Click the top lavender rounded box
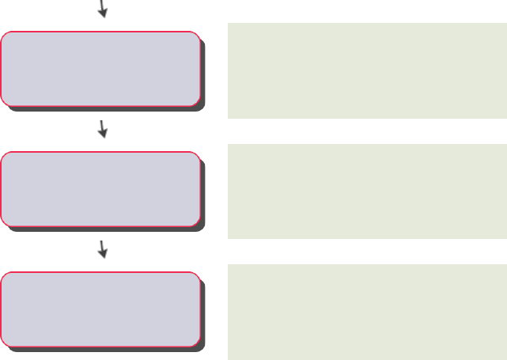(x=100, y=68)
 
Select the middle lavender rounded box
(x=100, y=188)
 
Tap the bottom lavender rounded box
(x=100, y=309)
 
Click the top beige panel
(x=367, y=70)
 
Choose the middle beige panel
(x=367, y=191)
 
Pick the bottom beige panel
(x=367, y=312)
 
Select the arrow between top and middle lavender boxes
(x=102, y=129)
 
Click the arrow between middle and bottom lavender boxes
(x=102, y=249)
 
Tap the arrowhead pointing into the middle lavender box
(x=103, y=135)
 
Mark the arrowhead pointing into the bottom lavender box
(x=103, y=255)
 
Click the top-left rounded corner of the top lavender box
(x=6, y=36)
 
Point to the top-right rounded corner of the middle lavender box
(x=195, y=157)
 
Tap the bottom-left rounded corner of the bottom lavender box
(x=6, y=341)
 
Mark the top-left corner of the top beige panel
(x=229, y=25)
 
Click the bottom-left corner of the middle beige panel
(x=229, y=237)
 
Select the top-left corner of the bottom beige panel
(x=229, y=266)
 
